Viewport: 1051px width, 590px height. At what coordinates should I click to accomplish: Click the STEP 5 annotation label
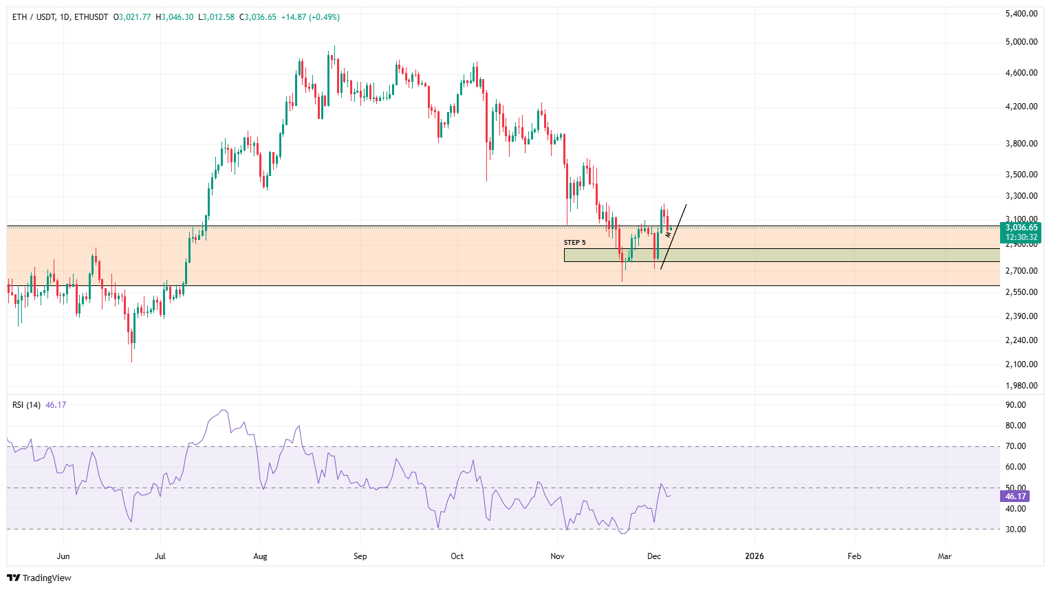coord(574,243)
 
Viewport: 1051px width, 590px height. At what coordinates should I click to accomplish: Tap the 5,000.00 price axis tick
coord(1021,42)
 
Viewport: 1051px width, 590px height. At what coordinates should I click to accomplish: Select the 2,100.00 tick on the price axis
coord(1021,364)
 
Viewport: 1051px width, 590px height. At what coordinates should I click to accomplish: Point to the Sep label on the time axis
coord(360,556)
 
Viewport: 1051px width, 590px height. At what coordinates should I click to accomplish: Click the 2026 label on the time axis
coord(754,556)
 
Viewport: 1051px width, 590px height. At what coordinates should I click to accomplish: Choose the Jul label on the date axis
coord(160,556)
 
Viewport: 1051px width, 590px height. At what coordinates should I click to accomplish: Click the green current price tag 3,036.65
coord(1021,228)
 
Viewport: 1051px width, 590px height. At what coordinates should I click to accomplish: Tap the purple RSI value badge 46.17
coord(1015,496)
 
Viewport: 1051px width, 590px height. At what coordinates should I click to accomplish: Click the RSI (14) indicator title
coord(26,405)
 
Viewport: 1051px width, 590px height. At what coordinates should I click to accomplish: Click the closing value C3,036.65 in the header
coord(258,17)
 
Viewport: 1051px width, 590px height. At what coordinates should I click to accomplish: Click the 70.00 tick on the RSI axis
coord(1015,446)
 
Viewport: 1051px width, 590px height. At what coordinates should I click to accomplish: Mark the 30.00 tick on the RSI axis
coord(1015,529)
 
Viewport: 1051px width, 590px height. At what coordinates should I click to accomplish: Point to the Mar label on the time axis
coord(944,556)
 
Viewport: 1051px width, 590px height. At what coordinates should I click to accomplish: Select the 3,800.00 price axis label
coord(1021,144)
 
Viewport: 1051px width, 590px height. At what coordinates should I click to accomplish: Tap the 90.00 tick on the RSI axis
coord(1015,405)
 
